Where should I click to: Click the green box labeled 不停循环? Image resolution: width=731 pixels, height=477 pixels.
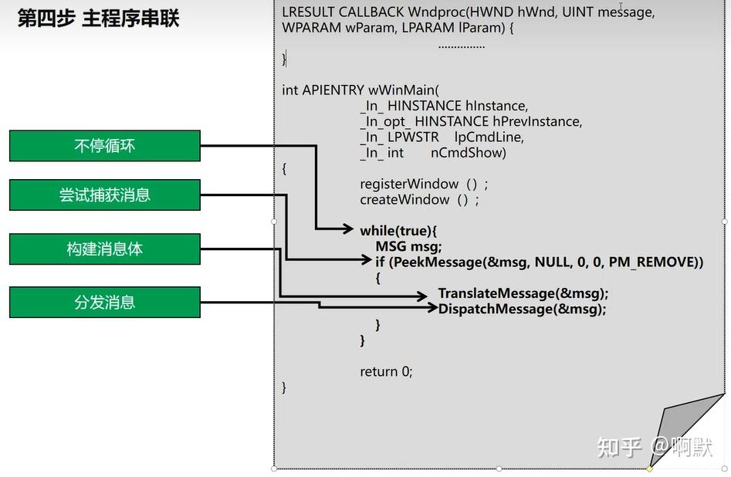pos(104,146)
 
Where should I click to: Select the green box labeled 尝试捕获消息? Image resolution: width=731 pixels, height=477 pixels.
pos(104,195)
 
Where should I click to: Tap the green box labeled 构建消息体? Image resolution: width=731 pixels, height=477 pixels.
pos(104,249)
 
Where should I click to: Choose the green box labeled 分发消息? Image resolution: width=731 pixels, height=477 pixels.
pos(104,302)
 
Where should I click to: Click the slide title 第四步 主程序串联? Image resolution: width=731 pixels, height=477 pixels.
pos(98,19)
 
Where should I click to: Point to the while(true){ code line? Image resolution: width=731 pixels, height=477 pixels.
pos(398,230)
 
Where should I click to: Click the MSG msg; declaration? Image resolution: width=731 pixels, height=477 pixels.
pos(408,246)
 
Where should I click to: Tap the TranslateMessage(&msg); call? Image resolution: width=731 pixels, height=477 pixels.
pos(523,293)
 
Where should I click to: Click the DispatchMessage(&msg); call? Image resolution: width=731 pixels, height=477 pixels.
pos(522,309)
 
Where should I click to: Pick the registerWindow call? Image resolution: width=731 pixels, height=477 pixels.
pos(423,184)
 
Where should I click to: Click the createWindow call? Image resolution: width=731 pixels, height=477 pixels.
pos(418,199)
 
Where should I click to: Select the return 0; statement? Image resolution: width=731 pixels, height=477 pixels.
pos(386,371)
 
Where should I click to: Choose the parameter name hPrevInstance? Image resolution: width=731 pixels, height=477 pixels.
pos(537,121)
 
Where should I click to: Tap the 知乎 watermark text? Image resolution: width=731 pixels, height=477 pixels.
pos(620,447)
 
